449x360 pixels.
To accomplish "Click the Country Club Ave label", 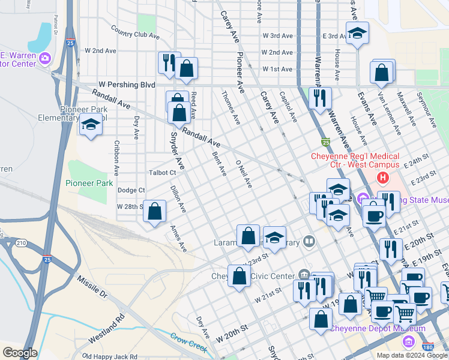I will [135, 35].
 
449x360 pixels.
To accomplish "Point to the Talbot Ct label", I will [162, 173].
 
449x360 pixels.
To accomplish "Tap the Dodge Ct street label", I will [131, 190].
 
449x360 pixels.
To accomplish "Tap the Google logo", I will [20, 353].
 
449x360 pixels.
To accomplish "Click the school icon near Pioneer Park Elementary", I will [91, 125].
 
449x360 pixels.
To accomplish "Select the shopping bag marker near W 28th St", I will [155, 212].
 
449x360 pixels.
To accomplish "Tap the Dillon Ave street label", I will [178, 200].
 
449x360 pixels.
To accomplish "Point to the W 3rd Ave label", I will [278, 36].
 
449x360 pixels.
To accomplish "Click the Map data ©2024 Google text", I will [412, 355].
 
